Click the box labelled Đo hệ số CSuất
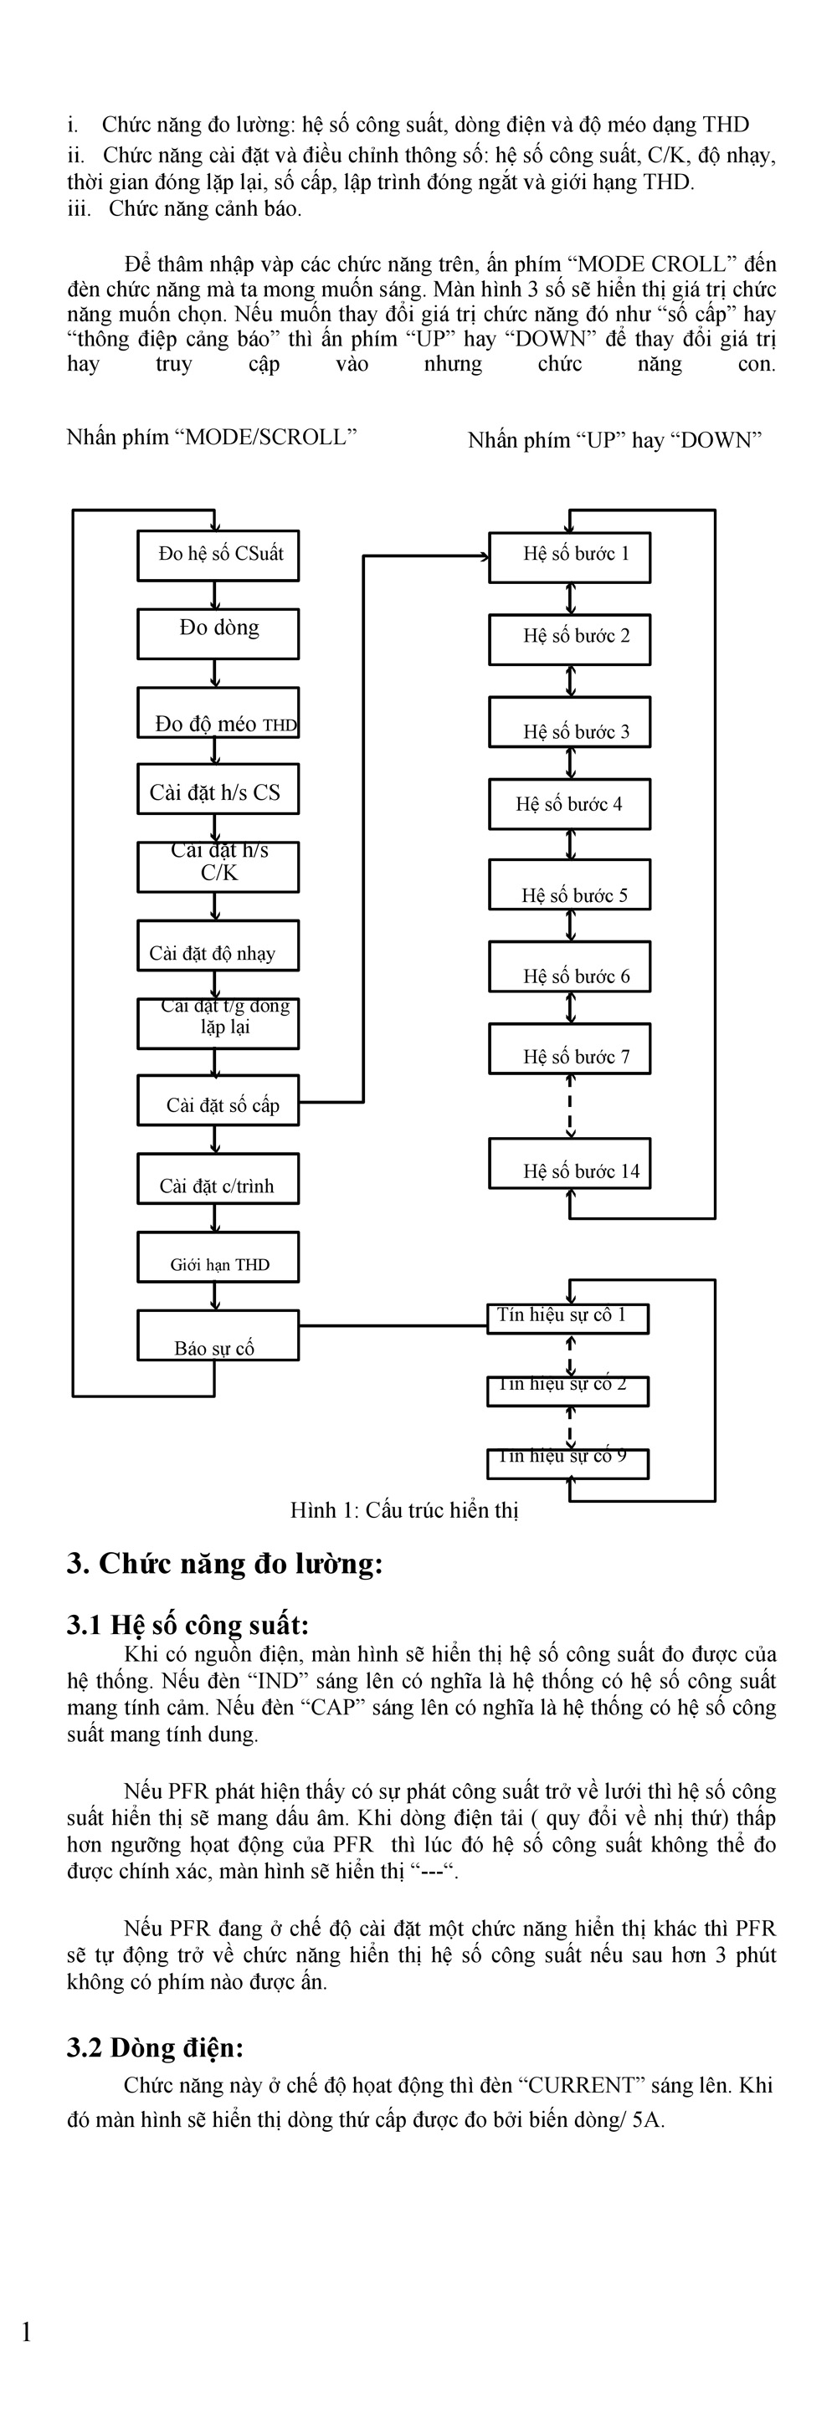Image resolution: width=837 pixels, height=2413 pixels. coord(218,556)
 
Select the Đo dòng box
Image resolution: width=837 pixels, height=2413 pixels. coord(218,634)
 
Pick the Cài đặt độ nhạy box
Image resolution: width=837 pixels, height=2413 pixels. coord(218,945)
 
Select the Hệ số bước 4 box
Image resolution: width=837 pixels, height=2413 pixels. coord(570,805)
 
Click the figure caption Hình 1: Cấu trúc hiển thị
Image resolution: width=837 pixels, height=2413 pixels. coord(404,1510)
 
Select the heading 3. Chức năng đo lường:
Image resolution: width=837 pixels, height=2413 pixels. coord(225,1565)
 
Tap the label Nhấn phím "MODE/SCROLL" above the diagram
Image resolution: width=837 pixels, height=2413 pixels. coord(212,438)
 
